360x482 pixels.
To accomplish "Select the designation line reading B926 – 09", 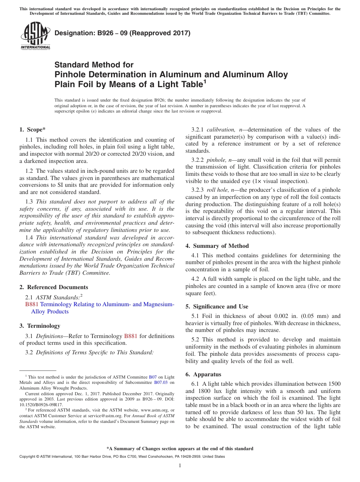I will (122, 33).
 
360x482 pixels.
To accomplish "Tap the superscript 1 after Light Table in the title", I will (205, 81).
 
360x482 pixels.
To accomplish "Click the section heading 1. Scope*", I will (33, 130).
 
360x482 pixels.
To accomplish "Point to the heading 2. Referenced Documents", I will (53, 287).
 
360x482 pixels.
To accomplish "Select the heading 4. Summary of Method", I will (217, 246).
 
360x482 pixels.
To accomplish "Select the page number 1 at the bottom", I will (180, 465).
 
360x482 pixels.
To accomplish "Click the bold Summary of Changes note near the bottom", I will (180, 449).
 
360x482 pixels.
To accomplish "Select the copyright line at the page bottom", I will (122, 457).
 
